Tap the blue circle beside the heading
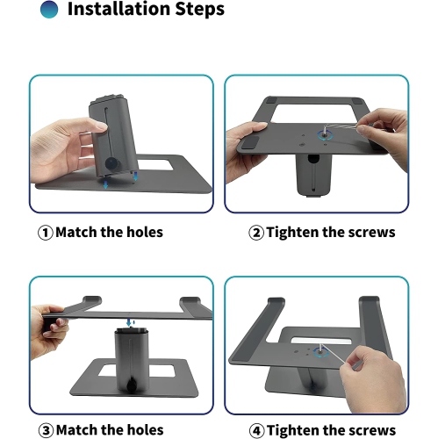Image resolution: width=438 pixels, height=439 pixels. point(50,10)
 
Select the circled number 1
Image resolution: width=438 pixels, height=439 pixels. point(45,233)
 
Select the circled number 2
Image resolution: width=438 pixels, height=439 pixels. point(255,233)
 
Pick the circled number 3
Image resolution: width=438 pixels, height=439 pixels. point(45,430)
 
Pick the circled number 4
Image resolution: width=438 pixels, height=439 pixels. point(255,430)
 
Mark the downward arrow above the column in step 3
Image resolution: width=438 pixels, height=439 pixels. point(129,323)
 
